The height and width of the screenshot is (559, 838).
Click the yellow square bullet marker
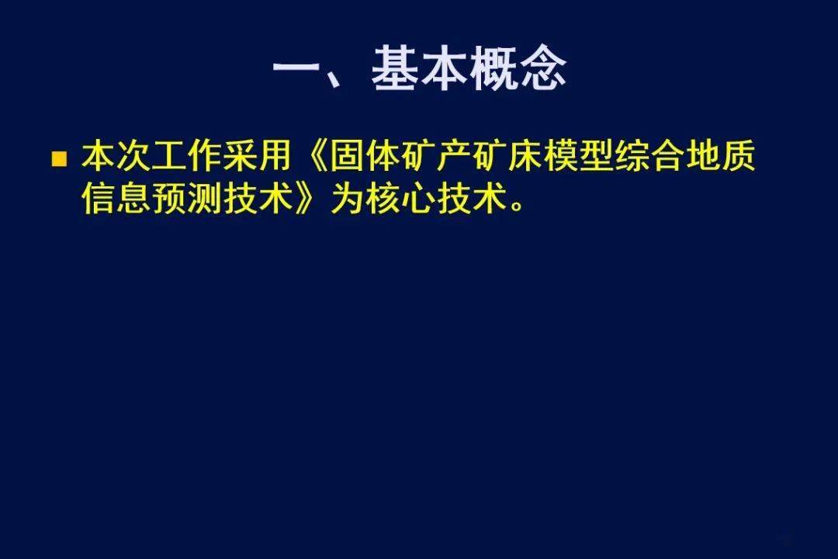(x=59, y=159)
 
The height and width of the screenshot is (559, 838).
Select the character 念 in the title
(x=542, y=68)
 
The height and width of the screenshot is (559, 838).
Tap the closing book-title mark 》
(x=308, y=199)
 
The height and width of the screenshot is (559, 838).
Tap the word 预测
(x=188, y=199)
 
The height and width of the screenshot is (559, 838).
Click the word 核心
(x=401, y=199)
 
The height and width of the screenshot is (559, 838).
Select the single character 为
(x=348, y=199)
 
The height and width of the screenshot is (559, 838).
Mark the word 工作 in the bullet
(x=188, y=155)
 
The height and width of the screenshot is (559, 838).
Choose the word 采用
(x=258, y=155)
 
